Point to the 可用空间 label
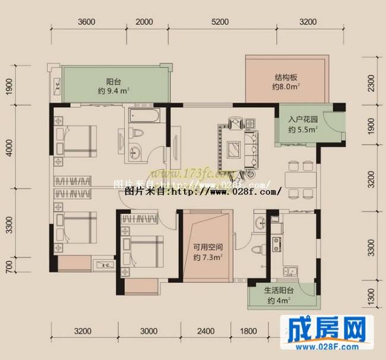207,248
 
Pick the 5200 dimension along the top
220,22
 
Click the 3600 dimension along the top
87,22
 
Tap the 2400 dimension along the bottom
205,331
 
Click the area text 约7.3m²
207,258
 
